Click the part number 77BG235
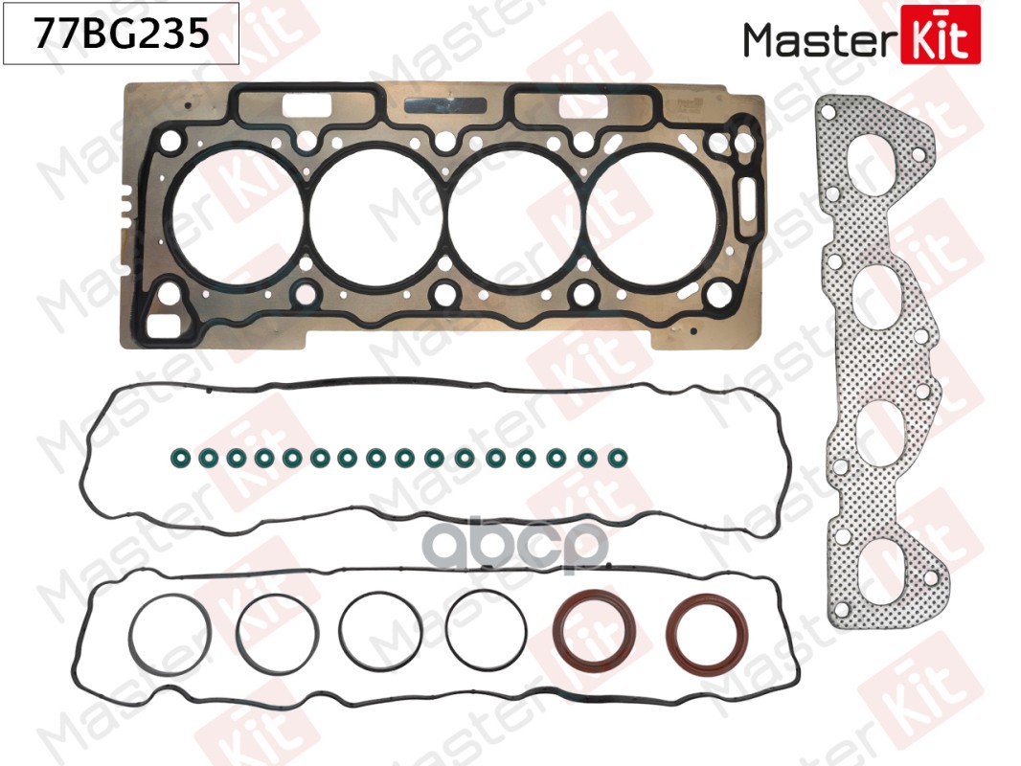[121, 35]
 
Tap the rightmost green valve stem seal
[613, 457]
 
